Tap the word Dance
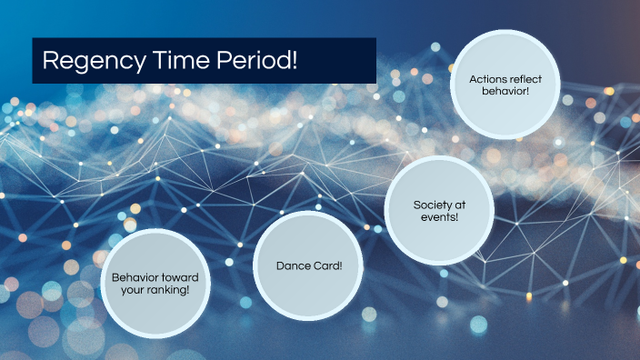tap(292, 266)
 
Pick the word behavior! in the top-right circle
tap(506, 92)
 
